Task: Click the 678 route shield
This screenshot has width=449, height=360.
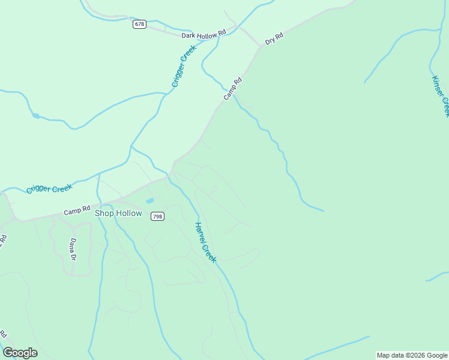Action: coord(139,24)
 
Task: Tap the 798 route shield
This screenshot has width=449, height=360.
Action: coord(157,217)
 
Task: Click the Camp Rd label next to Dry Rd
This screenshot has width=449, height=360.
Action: coord(232,88)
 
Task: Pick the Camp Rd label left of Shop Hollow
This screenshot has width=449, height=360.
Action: coord(76,211)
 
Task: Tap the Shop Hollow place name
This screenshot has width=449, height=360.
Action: coord(118,214)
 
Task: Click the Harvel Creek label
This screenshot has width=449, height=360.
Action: coord(205,242)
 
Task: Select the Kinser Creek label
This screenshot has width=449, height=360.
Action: coord(440,96)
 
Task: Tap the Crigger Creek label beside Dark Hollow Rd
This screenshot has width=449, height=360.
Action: coord(184,66)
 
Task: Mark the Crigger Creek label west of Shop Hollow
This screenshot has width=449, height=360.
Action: coord(49,188)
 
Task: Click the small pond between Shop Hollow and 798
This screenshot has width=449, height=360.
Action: coord(149,200)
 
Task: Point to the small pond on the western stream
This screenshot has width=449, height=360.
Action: coord(36,115)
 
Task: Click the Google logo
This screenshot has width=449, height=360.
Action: coord(20,353)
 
